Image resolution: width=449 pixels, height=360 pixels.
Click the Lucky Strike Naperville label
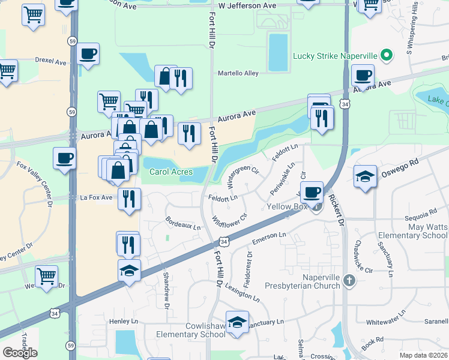[335, 56]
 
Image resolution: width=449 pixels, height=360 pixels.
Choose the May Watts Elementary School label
[411, 232]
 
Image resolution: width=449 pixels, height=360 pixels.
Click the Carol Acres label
[171, 172]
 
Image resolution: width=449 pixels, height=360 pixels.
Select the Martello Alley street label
[238, 73]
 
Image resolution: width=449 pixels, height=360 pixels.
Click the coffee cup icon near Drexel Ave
[88, 54]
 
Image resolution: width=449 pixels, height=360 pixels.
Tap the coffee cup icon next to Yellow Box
[311, 192]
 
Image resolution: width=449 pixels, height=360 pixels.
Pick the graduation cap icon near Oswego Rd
[365, 176]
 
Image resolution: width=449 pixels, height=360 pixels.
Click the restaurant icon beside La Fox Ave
[129, 199]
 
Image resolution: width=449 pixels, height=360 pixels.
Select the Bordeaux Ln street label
[182, 223]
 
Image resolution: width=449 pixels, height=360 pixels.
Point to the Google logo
[20, 353]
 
